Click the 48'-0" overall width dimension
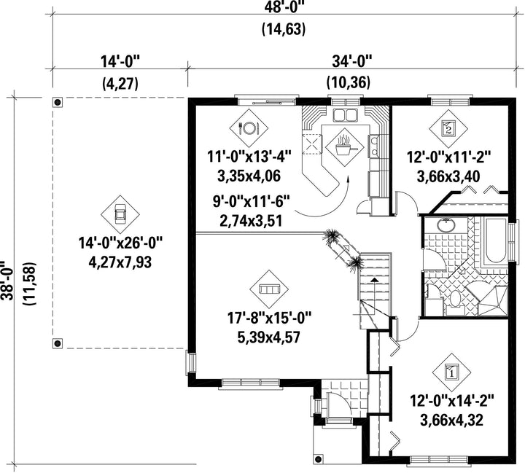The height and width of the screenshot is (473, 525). point(283,7)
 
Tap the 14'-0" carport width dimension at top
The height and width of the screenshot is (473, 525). point(120,62)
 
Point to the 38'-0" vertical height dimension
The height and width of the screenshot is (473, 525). point(7,281)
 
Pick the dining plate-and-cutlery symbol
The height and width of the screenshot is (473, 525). point(249,128)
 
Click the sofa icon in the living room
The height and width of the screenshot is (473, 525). point(270,289)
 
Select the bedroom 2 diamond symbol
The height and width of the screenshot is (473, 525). point(448,128)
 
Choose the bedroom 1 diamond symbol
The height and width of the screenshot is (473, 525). point(451,371)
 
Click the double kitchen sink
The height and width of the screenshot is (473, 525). point(344,115)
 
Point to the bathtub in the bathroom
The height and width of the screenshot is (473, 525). point(495,241)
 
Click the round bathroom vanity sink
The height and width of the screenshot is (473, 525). point(446,225)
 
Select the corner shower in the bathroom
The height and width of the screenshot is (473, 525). point(492,300)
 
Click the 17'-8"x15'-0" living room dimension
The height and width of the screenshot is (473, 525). point(269,318)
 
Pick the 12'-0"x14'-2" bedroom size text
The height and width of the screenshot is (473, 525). point(452,400)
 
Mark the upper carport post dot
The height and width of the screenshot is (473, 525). point(58,102)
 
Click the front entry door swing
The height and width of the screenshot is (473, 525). point(338,405)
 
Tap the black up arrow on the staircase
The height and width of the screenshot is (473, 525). point(376,279)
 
